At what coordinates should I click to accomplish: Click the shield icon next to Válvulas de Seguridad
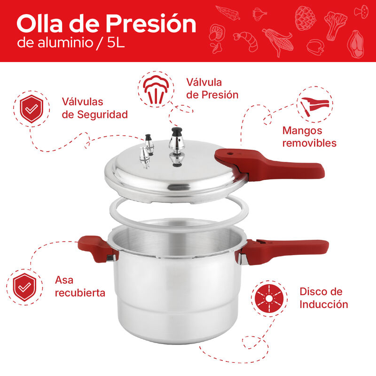point(31,109)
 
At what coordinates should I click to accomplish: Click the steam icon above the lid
point(154,90)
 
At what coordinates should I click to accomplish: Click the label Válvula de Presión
point(212,88)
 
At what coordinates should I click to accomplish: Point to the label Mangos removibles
point(309,137)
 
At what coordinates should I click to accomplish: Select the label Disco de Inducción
point(323,298)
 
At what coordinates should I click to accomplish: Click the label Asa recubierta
point(79,286)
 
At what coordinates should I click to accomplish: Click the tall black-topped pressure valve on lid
point(177,146)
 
